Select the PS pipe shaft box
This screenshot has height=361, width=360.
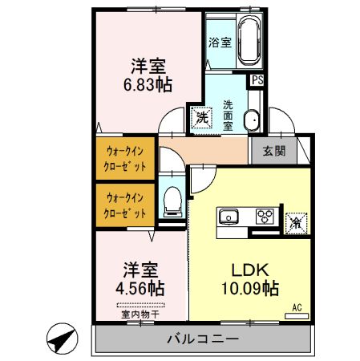(257, 80)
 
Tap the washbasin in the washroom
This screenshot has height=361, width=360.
(251, 120)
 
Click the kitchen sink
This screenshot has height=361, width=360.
(229, 217)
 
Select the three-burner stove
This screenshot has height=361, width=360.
(265, 217)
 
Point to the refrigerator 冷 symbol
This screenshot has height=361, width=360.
(295, 221)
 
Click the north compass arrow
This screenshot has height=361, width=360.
(59, 339)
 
